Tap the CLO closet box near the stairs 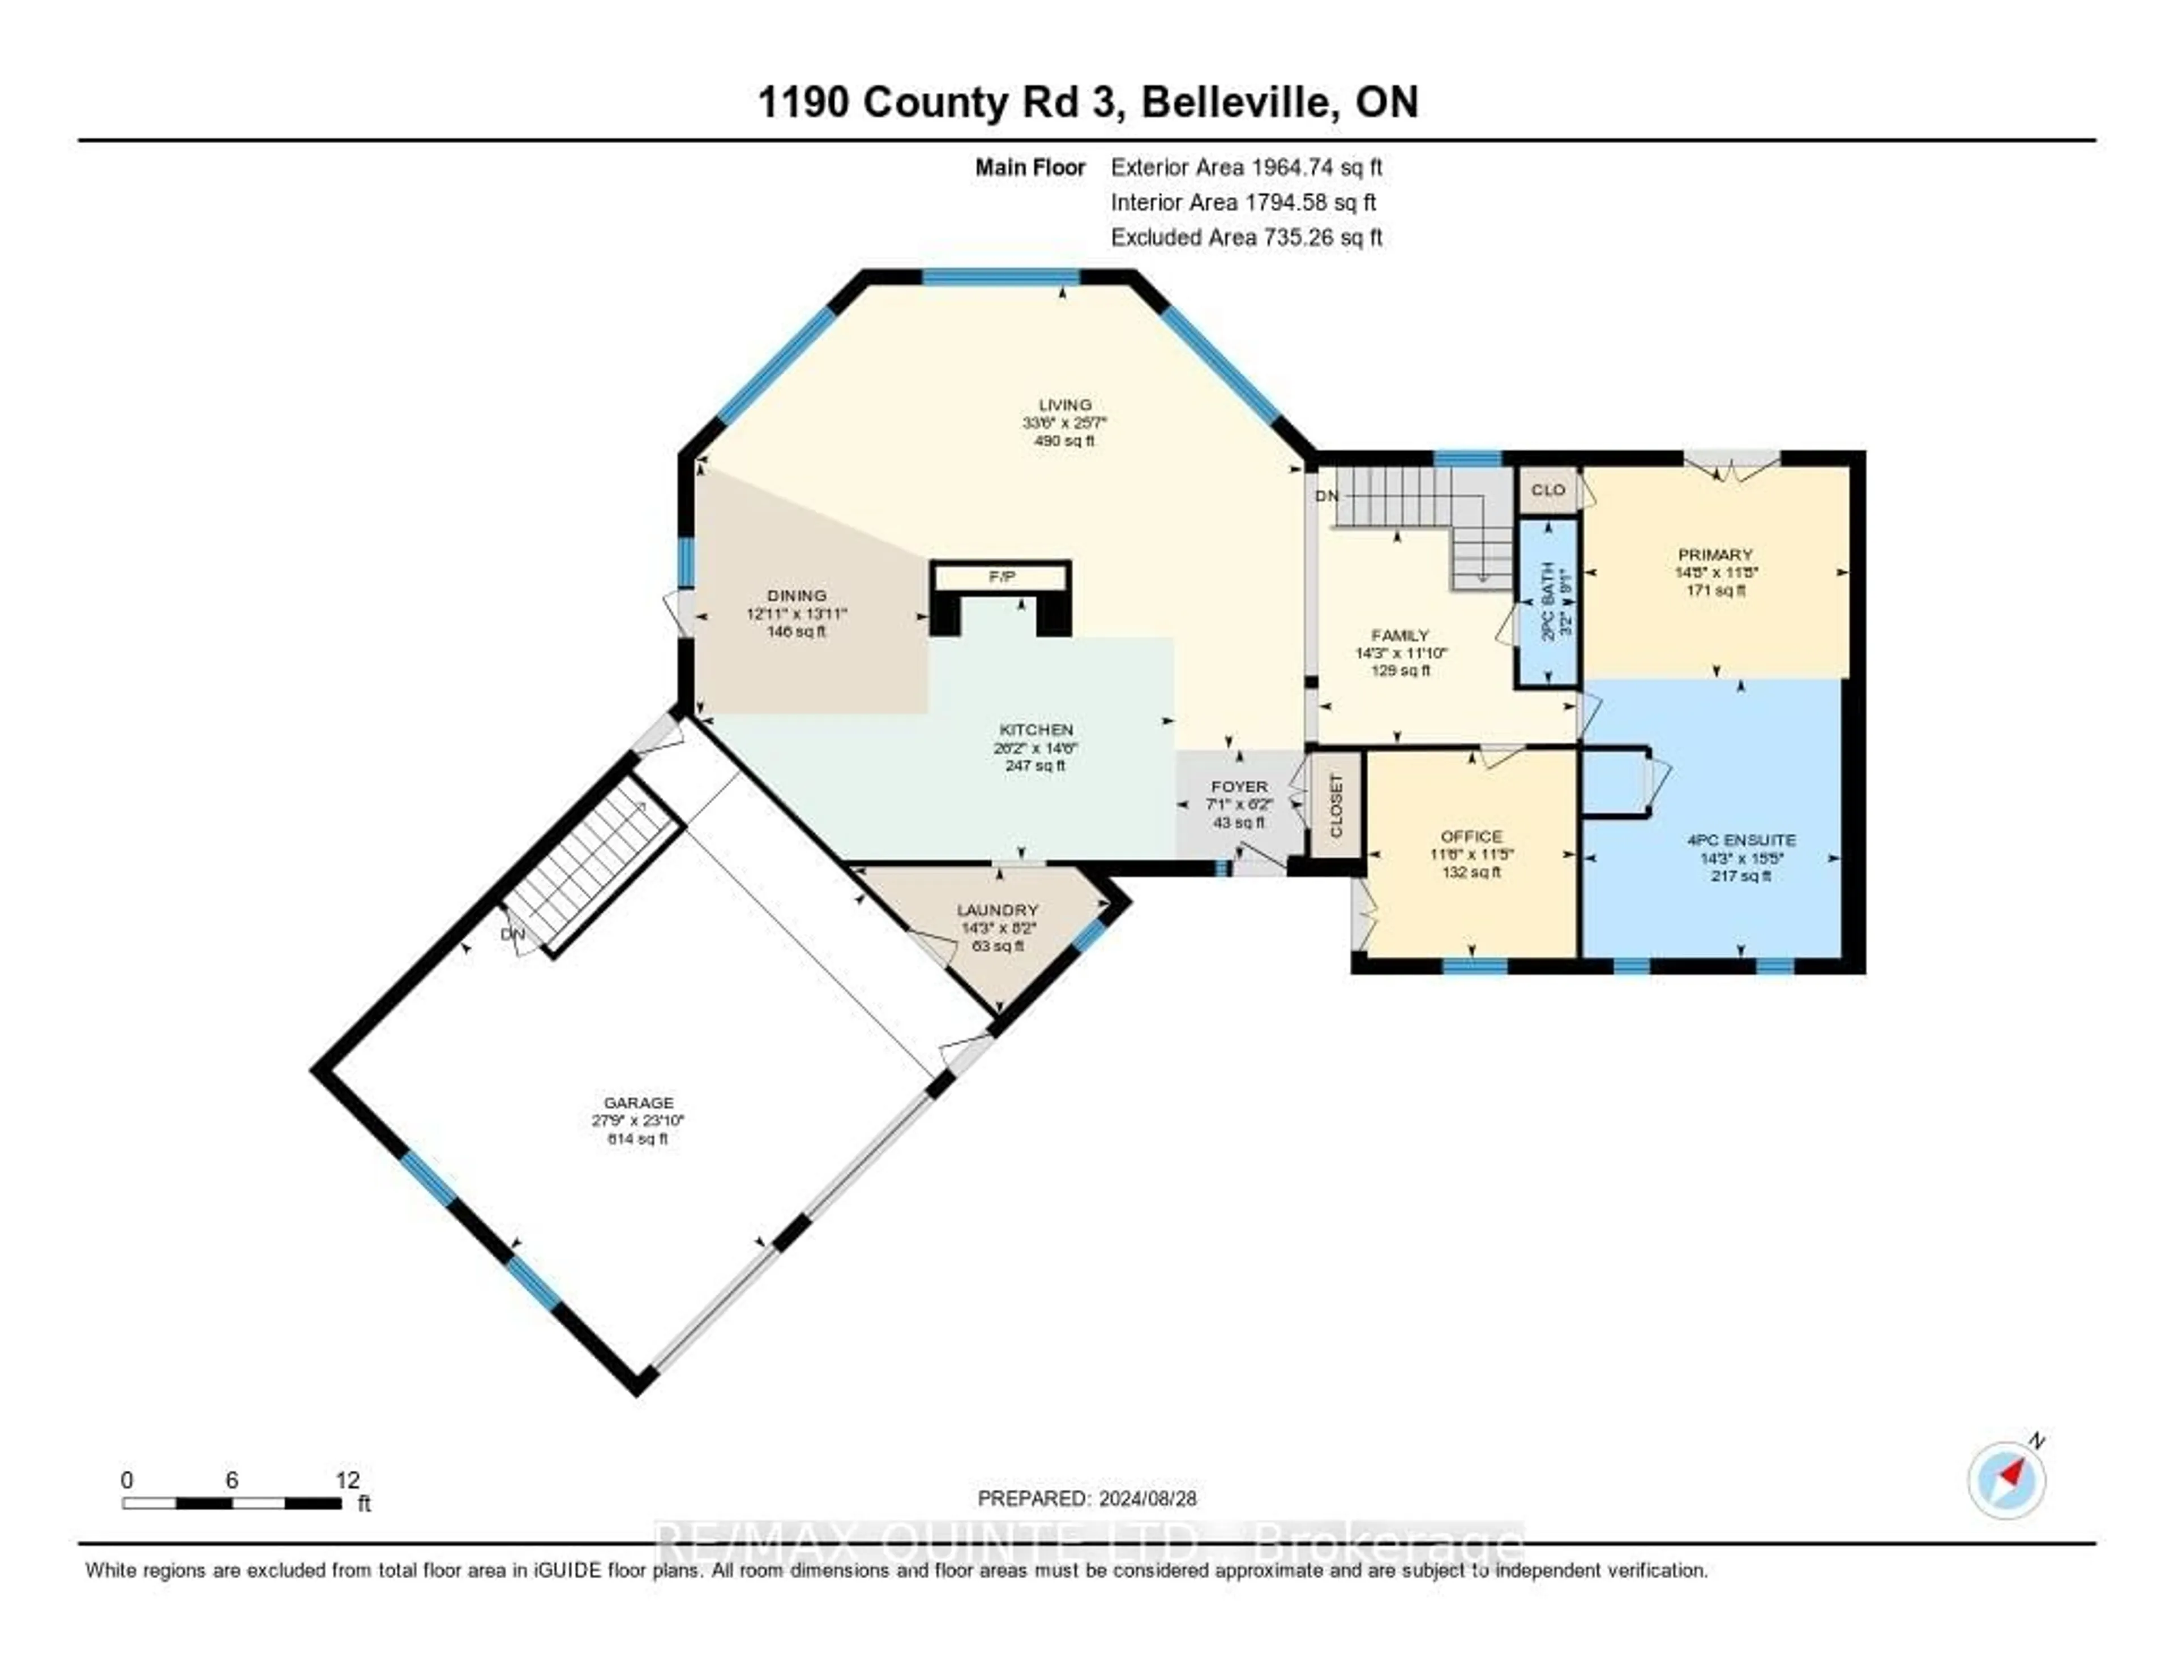[x=1548, y=490]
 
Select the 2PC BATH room [x=1548, y=602]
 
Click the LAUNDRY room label [x=998, y=910]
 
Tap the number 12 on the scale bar [x=348, y=1480]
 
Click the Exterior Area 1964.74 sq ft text [x=1246, y=167]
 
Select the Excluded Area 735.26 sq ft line [x=1246, y=237]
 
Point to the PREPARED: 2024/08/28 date [x=1087, y=1498]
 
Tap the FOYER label [x=1239, y=786]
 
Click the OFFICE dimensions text [x=1471, y=854]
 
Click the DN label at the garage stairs [x=512, y=935]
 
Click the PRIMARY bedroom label [x=1715, y=554]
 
